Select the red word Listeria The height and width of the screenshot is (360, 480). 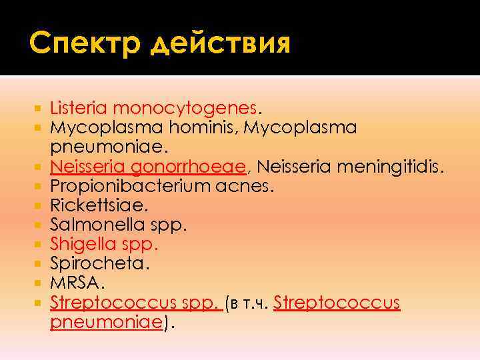(x=79, y=107)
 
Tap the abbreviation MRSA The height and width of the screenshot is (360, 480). (x=75, y=283)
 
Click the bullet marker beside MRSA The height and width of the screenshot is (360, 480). (x=41, y=284)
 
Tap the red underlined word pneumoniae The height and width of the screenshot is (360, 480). (x=107, y=323)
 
